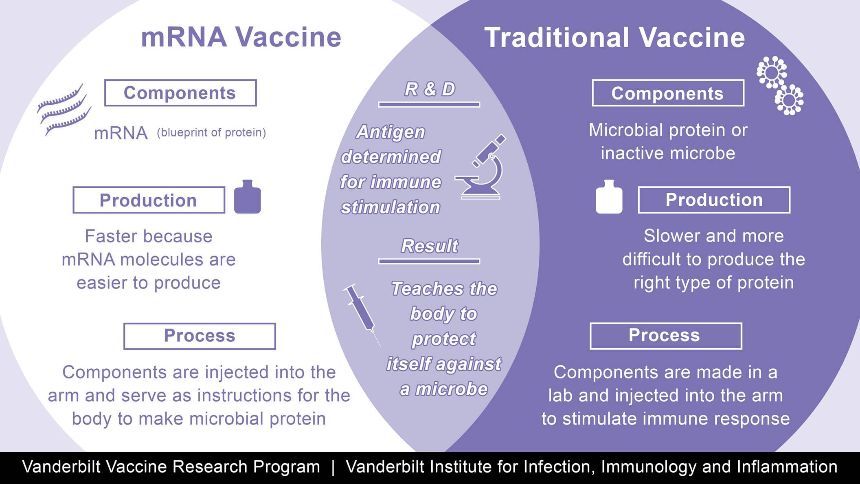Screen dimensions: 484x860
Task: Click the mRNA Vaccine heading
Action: point(241,37)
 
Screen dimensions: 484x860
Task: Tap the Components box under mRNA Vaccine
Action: point(180,93)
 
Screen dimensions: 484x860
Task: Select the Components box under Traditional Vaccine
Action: point(668,93)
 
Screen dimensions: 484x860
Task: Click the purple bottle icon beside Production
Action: point(247,197)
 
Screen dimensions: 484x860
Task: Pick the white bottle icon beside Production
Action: point(609,197)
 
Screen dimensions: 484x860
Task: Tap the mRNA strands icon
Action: point(64,109)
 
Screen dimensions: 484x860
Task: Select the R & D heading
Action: point(430,89)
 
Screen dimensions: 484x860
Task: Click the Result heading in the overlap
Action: point(430,246)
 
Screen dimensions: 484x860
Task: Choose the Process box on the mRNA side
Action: point(200,336)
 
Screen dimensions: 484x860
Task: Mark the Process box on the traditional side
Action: point(665,336)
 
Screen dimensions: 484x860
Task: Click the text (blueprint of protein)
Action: point(211,133)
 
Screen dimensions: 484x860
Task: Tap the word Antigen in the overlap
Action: point(391,132)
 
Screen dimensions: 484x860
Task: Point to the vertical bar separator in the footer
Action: point(333,467)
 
